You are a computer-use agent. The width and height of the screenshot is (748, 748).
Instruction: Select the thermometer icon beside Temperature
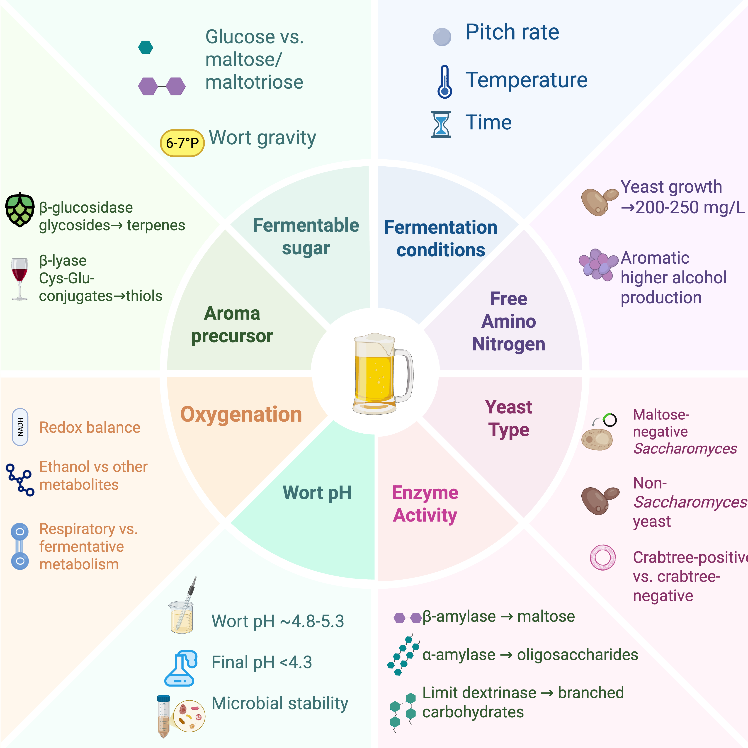(444, 82)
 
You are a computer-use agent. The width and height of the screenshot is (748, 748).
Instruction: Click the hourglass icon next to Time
(441, 124)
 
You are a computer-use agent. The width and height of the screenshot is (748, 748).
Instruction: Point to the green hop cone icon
(19, 209)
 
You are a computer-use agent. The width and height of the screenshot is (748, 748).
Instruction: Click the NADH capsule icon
(20, 427)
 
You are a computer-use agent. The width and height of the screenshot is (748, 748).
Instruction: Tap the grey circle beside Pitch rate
(442, 37)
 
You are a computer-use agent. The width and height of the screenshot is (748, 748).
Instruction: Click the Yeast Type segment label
(508, 418)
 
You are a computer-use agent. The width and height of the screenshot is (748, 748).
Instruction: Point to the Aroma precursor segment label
(232, 324)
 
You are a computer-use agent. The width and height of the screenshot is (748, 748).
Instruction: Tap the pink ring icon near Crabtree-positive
(602, 558)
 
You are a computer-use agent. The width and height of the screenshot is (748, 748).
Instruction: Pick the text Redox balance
(90, 427)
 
